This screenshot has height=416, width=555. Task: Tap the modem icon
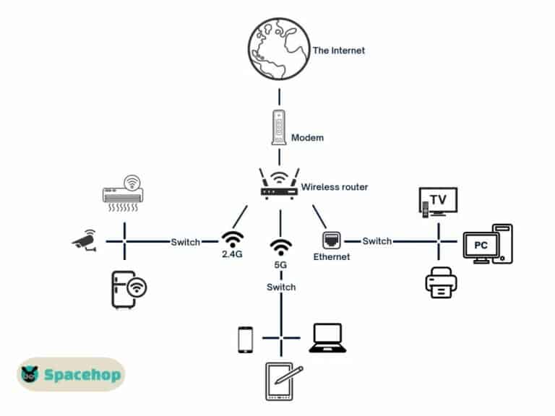point(278,128)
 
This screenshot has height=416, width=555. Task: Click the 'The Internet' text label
point(339,51)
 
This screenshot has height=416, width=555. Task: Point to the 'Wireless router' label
point(335,187)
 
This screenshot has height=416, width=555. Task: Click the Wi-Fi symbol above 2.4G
point(233,240)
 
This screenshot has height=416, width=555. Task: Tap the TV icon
point(438,201)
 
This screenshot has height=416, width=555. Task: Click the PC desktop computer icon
point(487,244)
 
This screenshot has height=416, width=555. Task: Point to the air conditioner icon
point(124,192)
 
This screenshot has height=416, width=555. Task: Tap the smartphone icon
point(246,339)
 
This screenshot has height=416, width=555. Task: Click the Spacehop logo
point(71,374)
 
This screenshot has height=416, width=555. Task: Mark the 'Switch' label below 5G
point(281,287)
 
